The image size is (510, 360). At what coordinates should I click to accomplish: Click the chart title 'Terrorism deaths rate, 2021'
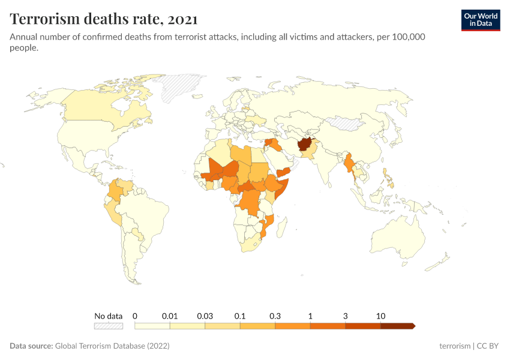coord(103,19)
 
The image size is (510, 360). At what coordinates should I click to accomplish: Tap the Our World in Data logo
coord(480,20)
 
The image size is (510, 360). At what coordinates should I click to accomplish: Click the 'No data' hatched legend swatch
coord(108,326)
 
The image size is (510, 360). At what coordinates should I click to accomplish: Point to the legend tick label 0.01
coord(170,316)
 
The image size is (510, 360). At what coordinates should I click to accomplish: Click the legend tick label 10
coord(380,316)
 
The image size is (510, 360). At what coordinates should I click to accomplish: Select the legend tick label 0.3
coord(275,316)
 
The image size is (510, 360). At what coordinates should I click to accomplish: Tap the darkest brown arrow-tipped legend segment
coord(397,326)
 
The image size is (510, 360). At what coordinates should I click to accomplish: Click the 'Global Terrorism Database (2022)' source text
coord(112,346)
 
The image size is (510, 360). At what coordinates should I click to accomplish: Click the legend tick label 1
coord(310,316)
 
